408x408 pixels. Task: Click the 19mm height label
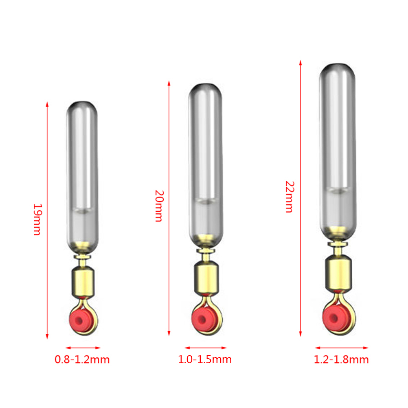37,219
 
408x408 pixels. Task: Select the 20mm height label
159,206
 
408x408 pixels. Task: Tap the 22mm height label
290,197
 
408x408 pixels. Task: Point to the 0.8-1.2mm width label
82,360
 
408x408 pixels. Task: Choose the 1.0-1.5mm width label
205,360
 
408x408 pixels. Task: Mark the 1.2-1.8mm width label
341,360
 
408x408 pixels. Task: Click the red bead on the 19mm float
80,320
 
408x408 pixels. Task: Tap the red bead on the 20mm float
203,319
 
